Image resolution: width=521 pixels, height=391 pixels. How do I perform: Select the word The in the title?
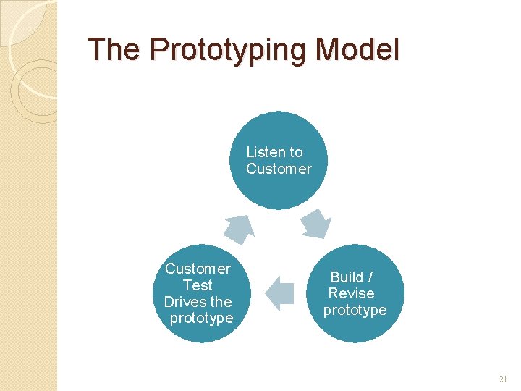point(114,50)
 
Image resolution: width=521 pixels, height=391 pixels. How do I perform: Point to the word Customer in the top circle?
point(279,169)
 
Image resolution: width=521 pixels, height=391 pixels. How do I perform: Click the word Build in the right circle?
point(347,277)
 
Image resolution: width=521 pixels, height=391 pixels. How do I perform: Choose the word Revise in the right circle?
point(351,293)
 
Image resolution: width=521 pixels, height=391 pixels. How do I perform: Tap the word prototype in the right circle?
point(355,310)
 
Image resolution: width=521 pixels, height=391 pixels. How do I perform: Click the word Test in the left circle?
point(198,285)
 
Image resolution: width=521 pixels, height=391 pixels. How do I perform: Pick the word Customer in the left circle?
point(198,269)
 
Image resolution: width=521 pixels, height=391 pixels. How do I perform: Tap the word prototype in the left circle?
point(201,319)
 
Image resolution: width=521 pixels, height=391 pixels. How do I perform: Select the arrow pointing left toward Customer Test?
point(280,293)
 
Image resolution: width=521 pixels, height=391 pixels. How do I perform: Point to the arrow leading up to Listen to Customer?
point(240,228)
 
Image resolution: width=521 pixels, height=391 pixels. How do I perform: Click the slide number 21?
point(504,379)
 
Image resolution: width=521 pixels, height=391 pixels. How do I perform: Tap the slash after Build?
point(370,277)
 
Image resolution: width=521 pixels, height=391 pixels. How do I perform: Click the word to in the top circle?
point(295,152)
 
